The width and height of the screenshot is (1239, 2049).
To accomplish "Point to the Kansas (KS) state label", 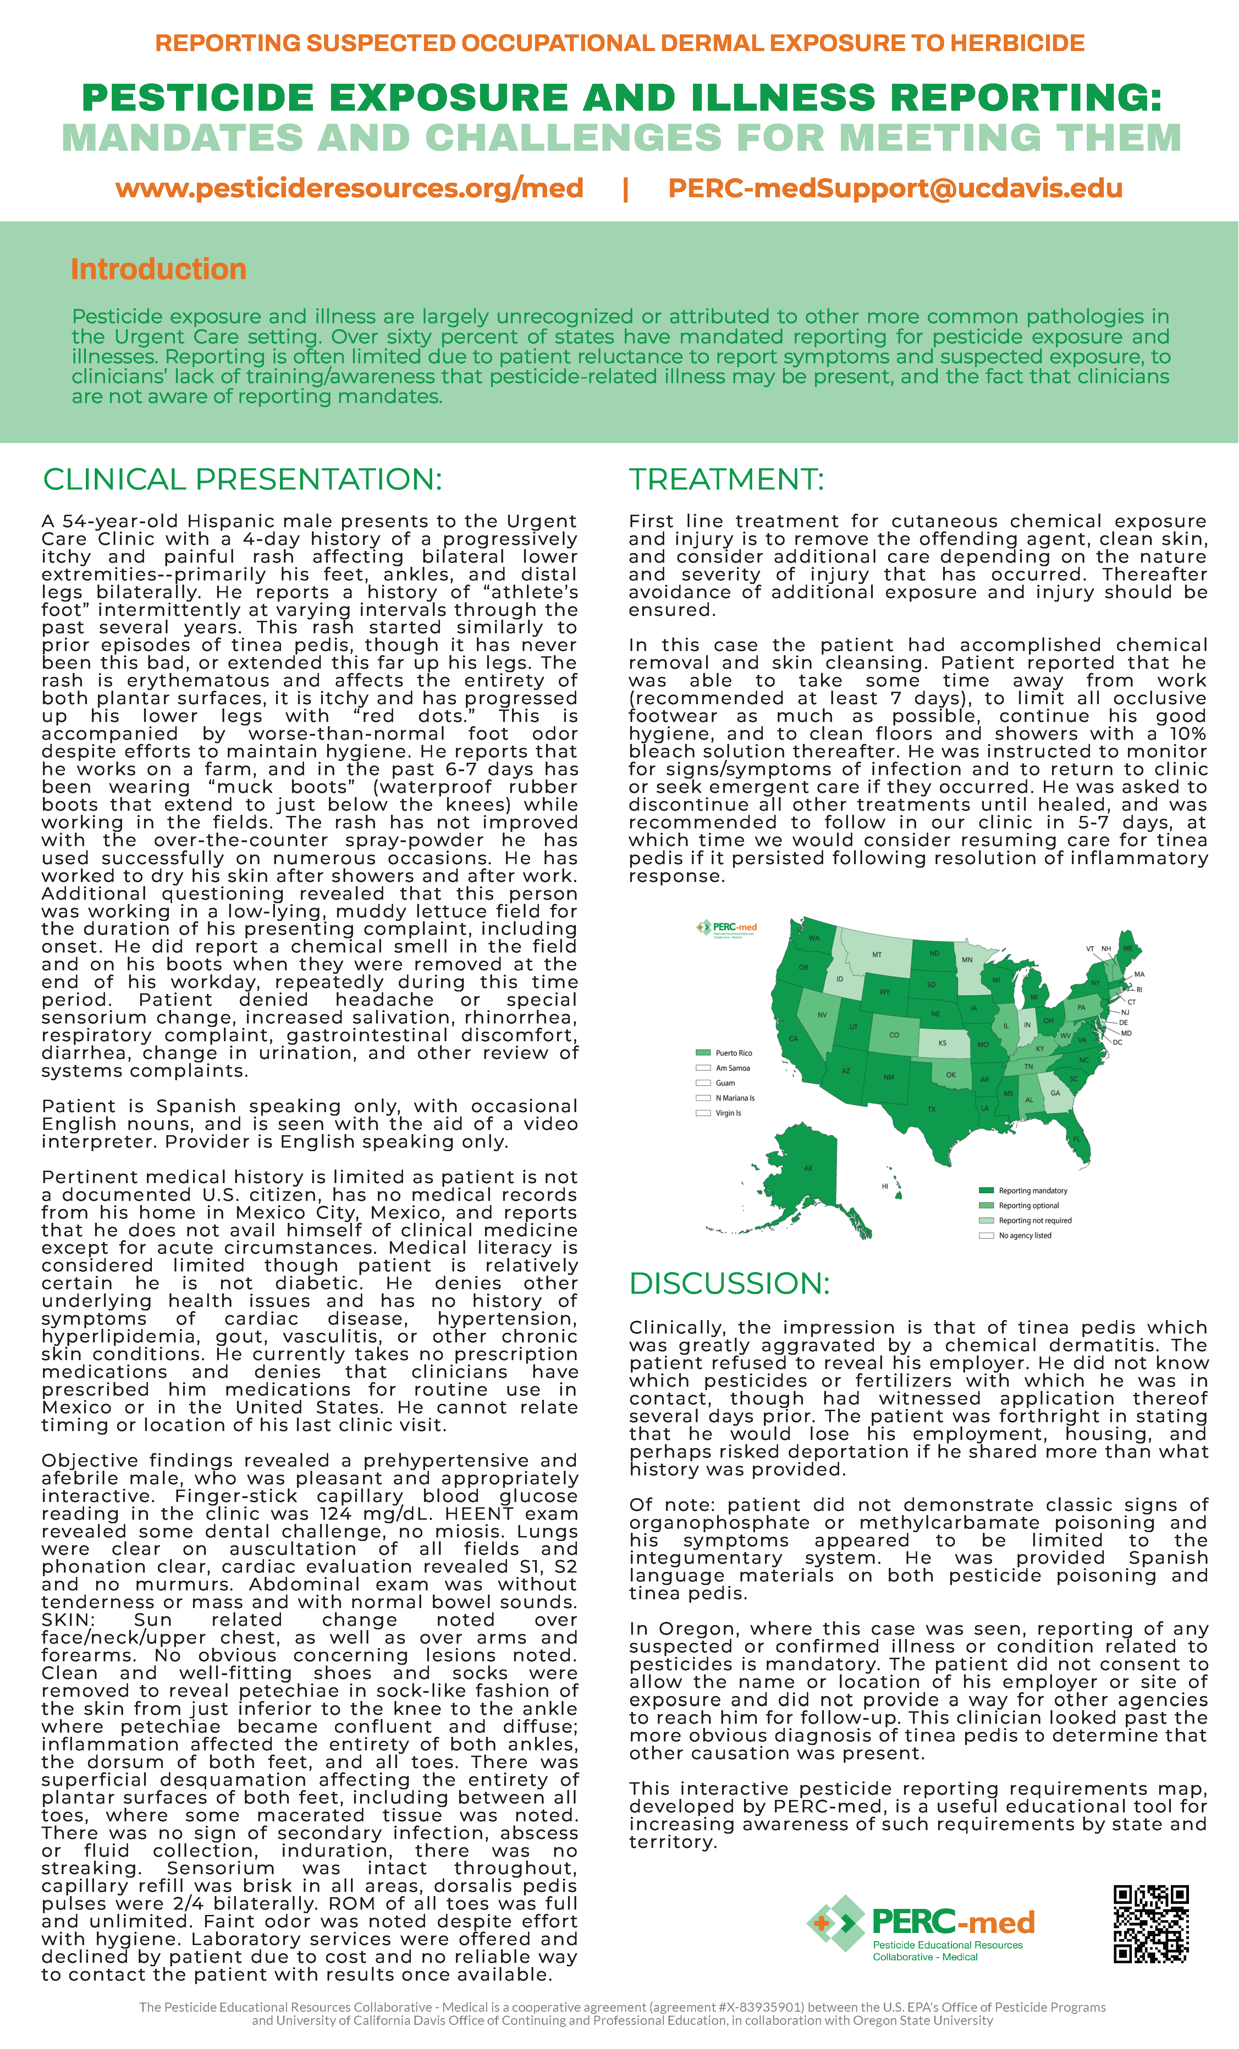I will coord(942,1043).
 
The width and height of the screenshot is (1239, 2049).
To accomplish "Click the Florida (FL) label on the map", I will coord(1077,1139).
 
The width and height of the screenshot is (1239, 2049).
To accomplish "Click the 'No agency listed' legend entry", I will coord(1024,1236).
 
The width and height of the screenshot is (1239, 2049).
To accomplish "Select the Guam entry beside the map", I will coord(725,1083).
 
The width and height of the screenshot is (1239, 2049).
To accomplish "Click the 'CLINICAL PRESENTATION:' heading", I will coord(242,480).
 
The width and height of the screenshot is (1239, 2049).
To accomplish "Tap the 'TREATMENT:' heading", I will coord(726,480).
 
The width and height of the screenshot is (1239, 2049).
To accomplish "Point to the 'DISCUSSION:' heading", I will coord(729,1283).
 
